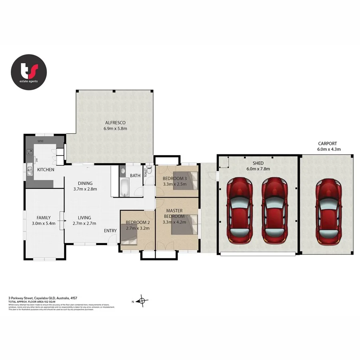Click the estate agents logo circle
tap(29, 72)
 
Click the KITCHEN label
tap(46, 170)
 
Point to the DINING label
tap(85, 183)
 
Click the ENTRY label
tap(110, 231)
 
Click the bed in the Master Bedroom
tap(185, 225)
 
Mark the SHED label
tap(258, 163)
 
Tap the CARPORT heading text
tap(327, 143)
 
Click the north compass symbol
tap(142, 301)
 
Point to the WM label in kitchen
tap(40, 141)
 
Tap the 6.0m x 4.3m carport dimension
tap(327, 149)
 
